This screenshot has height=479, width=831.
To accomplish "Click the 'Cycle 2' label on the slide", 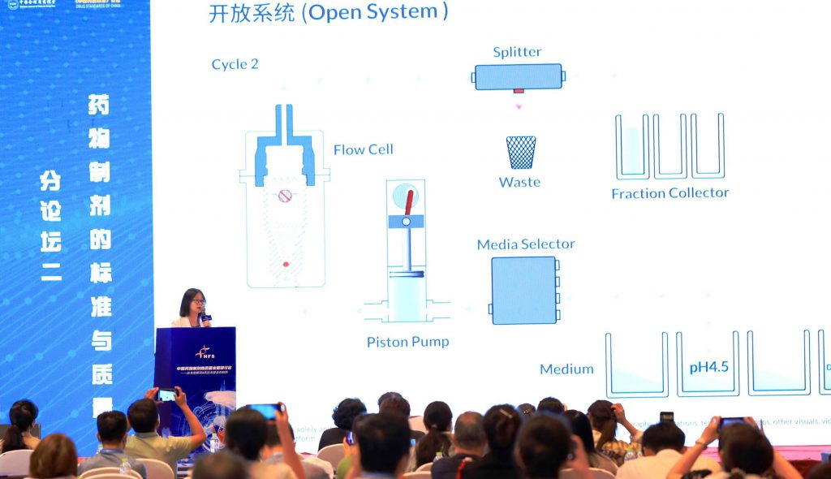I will tap(235, 64).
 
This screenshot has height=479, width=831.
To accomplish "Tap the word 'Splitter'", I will tap(517, 52).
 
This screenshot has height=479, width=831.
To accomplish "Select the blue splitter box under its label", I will tap(519, 77).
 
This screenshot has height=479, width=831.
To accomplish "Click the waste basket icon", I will tap(520, 153).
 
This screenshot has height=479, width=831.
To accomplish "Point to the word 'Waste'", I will tap(519, 182).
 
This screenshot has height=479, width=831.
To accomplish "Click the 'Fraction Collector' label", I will tap(670, 193).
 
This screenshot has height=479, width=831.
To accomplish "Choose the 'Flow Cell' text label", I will tap(363, 149).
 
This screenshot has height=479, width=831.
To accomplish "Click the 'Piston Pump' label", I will tap(407, 342).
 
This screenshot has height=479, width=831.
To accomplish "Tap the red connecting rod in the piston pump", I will tap(409, 203).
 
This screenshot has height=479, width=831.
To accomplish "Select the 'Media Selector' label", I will tap(525, 244).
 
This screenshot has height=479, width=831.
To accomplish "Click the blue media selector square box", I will tap(523, 291).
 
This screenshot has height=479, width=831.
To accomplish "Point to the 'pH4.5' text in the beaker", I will tap(708, 367).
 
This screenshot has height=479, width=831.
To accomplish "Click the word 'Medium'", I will tap(566, 369).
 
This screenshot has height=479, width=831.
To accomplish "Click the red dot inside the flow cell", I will tap(285, 264).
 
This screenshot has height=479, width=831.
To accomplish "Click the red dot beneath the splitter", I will tap(519, 103).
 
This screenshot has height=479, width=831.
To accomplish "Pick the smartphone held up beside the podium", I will tap(166, 395).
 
